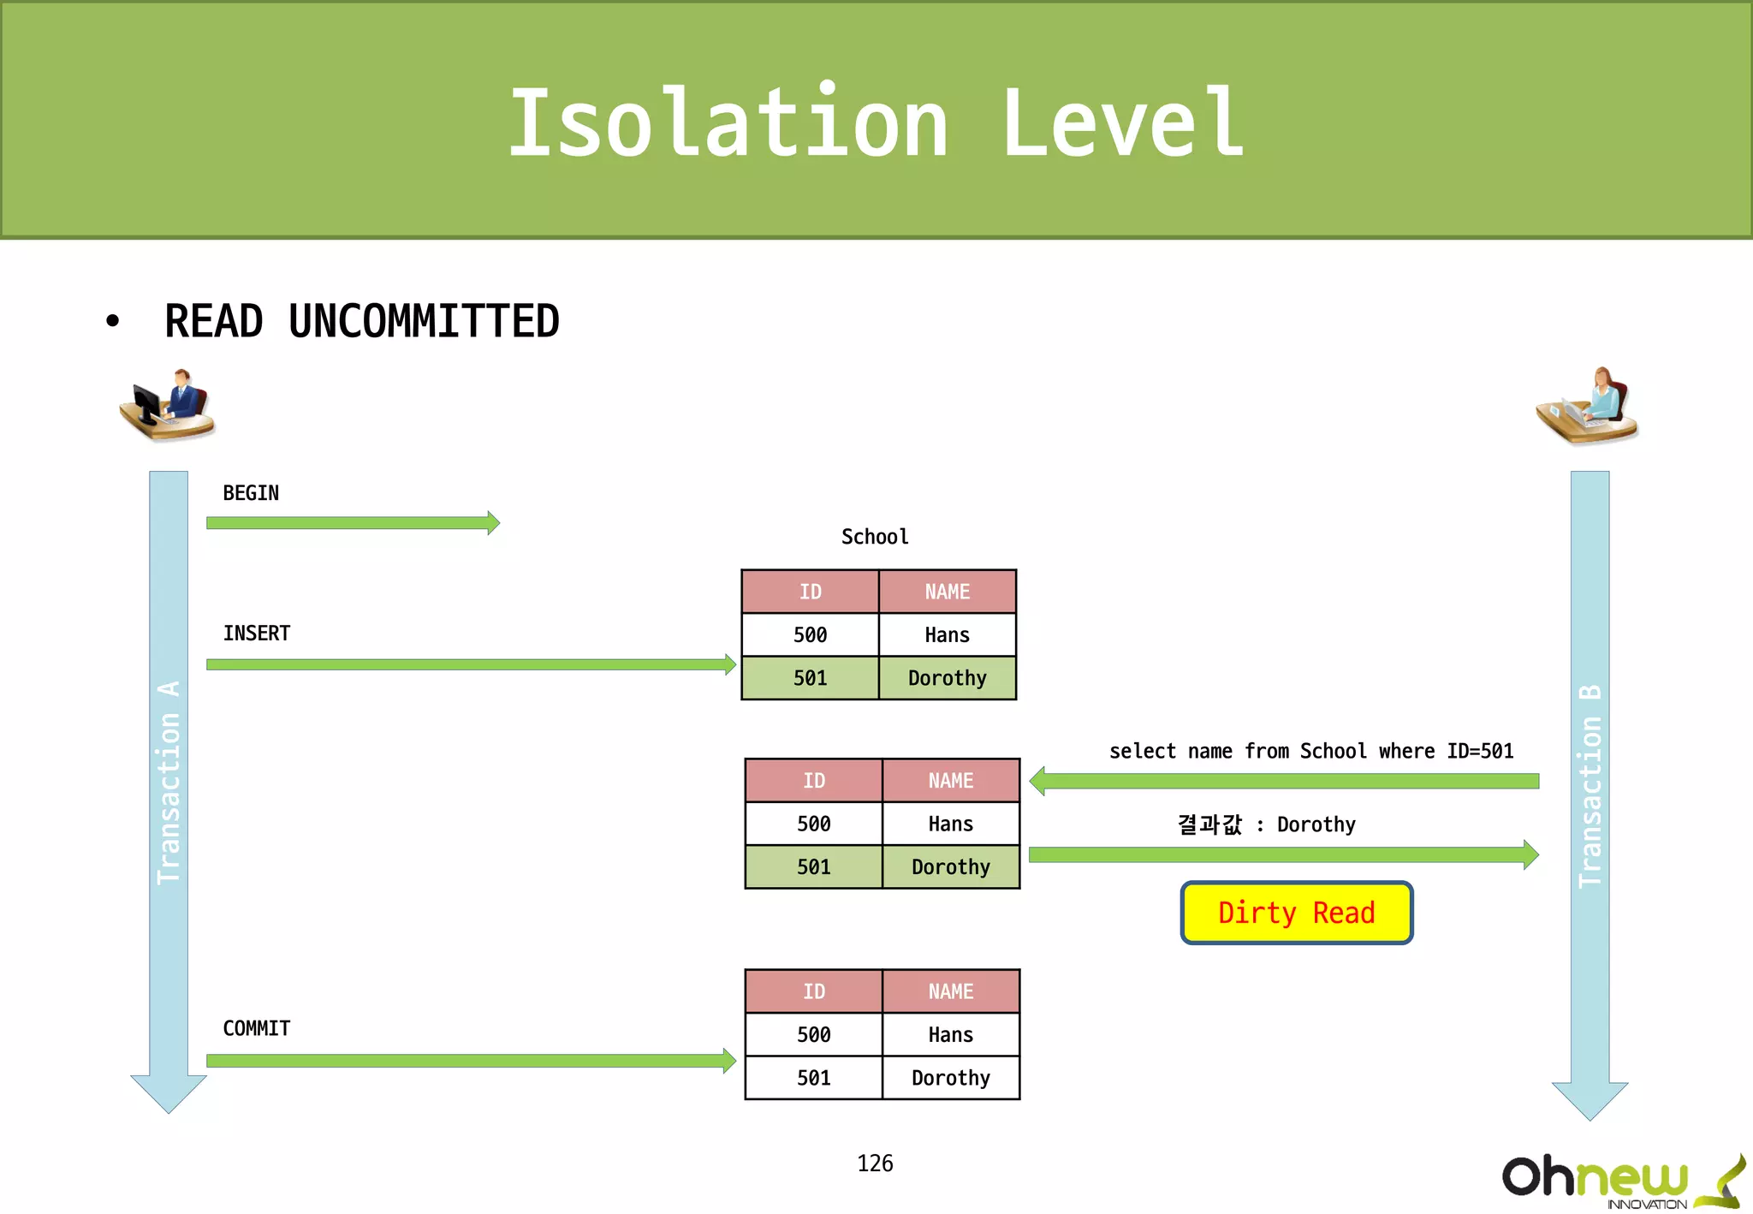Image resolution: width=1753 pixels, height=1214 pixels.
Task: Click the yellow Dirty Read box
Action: [1296, 913]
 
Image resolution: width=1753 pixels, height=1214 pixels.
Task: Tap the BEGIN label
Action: [251, 493]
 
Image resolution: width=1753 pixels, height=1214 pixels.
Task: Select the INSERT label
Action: [257, 634]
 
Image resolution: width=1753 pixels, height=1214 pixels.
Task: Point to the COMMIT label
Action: [257, 1028]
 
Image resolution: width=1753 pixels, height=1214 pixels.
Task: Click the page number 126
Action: [875, 1163]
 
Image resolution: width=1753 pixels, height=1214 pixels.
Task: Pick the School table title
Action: [875, 537]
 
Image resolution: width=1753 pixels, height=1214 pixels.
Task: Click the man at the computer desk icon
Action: [168, 405]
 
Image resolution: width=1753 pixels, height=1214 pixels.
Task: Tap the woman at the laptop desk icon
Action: [1588, 407]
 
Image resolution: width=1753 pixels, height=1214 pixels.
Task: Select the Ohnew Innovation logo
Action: [1619, 1181]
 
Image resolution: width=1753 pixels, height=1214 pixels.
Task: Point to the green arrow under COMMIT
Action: [471, 1061]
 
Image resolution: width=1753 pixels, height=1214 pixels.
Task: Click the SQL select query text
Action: [1311, 752]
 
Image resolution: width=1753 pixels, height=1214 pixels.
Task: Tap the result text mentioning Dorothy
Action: [1267, 824]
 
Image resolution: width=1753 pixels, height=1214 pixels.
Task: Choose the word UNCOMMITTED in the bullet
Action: [424, 322]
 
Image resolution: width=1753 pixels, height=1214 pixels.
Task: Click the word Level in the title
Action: [1121, 124]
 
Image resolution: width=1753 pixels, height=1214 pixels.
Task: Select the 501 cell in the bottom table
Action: [813, 1078]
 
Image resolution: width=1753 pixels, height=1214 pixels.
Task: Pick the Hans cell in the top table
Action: [947, 635]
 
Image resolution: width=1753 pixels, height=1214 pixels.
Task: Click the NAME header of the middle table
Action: [950, 781]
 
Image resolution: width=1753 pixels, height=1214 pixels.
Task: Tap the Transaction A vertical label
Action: [169, 783]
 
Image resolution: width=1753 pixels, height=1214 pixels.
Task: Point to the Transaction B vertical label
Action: [1590, 786]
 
